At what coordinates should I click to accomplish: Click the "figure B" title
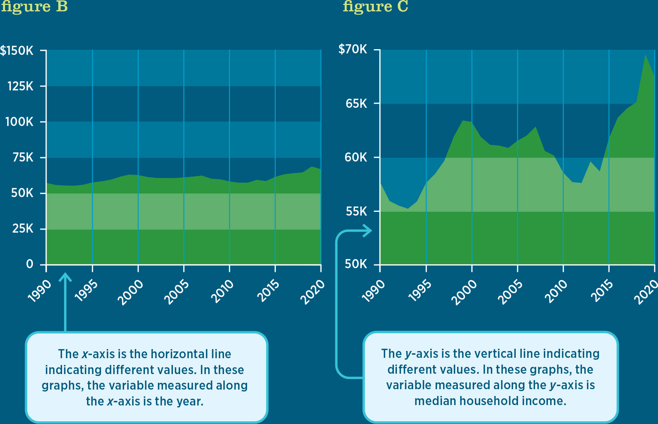34,7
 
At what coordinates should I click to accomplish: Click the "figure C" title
375,7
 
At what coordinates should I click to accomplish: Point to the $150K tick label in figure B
17,50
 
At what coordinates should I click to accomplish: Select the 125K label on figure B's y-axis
20,86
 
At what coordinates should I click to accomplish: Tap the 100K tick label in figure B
19,122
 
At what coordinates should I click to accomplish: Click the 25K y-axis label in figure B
23,228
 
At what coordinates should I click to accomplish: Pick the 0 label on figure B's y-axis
30,264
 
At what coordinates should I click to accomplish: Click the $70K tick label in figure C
353,49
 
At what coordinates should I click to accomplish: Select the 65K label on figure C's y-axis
356,103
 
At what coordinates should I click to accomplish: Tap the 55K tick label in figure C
356,211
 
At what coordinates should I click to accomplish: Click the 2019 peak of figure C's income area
645,56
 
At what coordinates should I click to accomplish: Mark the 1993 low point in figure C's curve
408,208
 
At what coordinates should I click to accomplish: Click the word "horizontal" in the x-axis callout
176,354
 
